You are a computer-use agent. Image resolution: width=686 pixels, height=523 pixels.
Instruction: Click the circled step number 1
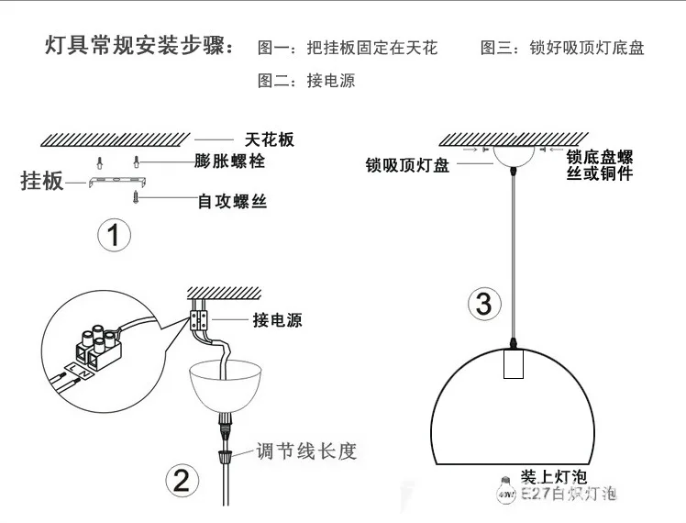[114, 237]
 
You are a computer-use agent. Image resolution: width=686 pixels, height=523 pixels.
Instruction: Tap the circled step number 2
[181, 478]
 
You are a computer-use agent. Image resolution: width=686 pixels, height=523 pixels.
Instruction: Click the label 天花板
[270, 140]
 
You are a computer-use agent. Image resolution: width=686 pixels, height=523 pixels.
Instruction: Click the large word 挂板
[42, 181]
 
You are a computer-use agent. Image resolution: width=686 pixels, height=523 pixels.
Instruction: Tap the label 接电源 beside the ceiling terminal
[277, 321]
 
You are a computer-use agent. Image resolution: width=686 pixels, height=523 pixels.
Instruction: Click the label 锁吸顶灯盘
[407, 166]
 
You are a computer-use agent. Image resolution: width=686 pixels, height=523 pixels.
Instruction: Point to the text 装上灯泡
[553, 477]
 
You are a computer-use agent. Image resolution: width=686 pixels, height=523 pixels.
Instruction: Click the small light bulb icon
[504, 489]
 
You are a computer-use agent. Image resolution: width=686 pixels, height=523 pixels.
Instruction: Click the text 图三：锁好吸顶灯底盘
[562, 48]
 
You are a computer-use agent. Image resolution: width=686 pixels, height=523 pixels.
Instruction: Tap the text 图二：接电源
[306, 81]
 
